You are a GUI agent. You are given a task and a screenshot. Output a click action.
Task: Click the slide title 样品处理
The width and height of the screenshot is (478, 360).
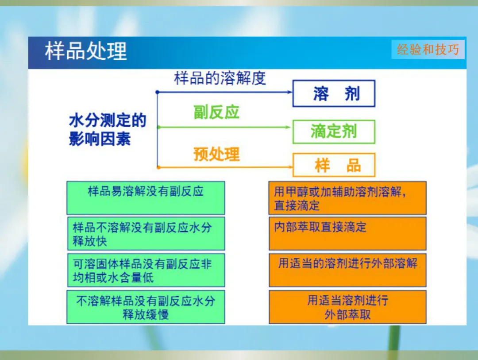86,51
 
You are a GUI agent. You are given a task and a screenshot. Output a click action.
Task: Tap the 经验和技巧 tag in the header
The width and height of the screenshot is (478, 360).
428,49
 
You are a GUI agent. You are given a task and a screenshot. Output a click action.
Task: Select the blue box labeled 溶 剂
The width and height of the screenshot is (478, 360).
334,93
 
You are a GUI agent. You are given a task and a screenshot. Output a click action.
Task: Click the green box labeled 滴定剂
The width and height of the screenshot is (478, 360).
334,132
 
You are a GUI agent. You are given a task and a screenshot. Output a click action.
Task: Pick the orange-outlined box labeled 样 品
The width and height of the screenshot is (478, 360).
334,165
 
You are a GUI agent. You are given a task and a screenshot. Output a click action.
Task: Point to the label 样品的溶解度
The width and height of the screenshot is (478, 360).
220,78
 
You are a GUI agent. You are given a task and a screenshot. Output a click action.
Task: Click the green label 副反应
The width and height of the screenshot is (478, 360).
216,112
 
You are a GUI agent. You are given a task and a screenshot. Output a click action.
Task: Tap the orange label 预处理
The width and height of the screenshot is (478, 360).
216,154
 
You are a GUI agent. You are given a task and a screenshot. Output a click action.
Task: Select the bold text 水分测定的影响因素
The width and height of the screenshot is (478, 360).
108,129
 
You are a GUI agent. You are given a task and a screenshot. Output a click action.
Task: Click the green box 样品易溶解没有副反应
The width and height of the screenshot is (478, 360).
146,197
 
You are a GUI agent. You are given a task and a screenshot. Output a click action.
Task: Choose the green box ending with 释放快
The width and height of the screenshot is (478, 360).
146,234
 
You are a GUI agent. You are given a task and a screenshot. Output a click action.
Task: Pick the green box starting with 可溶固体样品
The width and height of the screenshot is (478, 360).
146,270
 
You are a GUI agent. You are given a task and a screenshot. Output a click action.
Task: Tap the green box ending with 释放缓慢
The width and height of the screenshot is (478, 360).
146,307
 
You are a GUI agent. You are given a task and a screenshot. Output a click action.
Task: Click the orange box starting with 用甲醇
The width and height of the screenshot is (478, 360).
347,197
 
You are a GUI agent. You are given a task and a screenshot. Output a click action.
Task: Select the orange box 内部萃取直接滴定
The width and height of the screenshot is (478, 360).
347,234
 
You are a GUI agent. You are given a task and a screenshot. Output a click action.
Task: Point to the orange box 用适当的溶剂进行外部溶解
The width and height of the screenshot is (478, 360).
347,270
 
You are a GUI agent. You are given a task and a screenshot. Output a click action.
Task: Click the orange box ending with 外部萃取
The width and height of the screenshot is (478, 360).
347,307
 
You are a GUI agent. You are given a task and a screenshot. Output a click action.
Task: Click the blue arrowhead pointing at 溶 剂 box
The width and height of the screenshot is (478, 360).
289,92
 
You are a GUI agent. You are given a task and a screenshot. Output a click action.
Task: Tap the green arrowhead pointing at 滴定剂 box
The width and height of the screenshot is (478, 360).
288,127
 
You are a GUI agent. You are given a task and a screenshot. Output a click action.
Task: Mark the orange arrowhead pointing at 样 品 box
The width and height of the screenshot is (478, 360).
290,167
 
